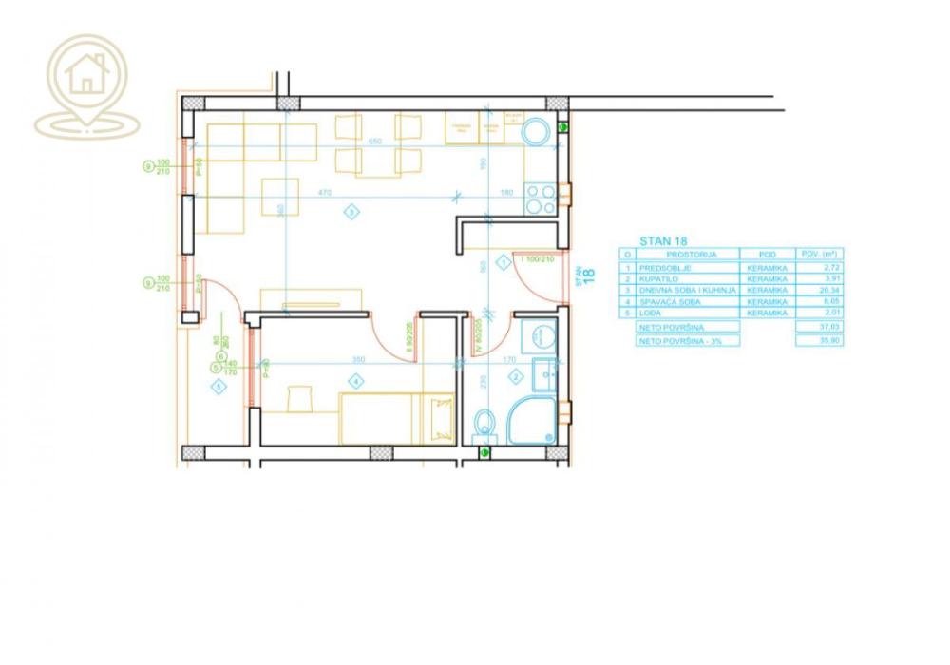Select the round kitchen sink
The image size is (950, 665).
pos(538,132)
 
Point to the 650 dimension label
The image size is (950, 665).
pos(373,142)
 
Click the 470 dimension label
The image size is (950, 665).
pos(324,193)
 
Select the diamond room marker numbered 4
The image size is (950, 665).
pos(355,382)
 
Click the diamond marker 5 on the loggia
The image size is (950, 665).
pos(219,386)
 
